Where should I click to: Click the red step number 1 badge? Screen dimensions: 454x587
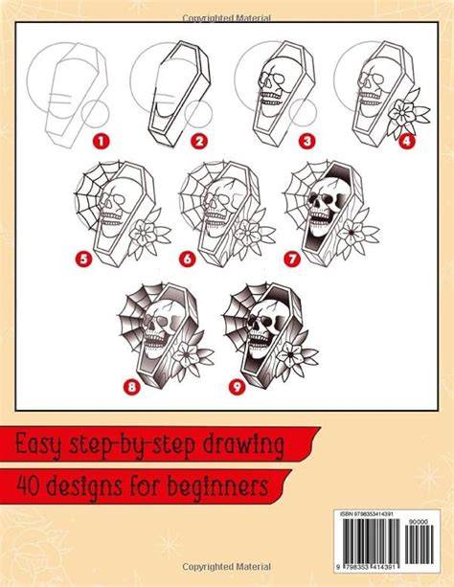[102, 142]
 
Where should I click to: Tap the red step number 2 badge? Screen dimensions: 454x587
[199, 142]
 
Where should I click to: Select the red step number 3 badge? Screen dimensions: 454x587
[307, 142]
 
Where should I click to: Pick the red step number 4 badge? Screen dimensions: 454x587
[407, 142]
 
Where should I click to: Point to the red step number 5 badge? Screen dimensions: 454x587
[83, 260]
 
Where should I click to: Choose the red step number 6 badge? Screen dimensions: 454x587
[187, 260]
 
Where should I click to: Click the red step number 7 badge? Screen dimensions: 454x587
[292, 260]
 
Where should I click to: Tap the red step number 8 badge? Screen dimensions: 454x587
[131, 387]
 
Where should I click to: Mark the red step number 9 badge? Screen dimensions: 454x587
[237, 387]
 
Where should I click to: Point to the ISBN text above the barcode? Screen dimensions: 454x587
[366, 515]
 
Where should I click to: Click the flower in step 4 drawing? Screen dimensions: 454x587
[407, 112]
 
